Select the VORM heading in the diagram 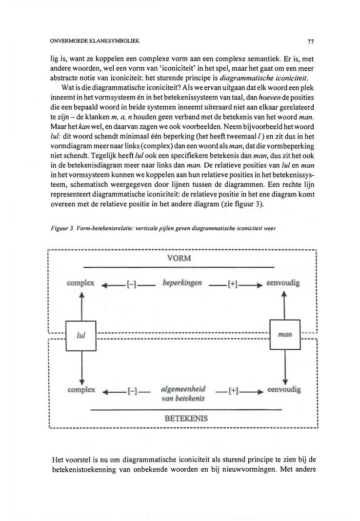[179, 258]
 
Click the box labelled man [284, 335]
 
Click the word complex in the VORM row [81, 283]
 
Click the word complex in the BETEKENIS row [81, 390]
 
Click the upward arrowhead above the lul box [81, 295]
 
